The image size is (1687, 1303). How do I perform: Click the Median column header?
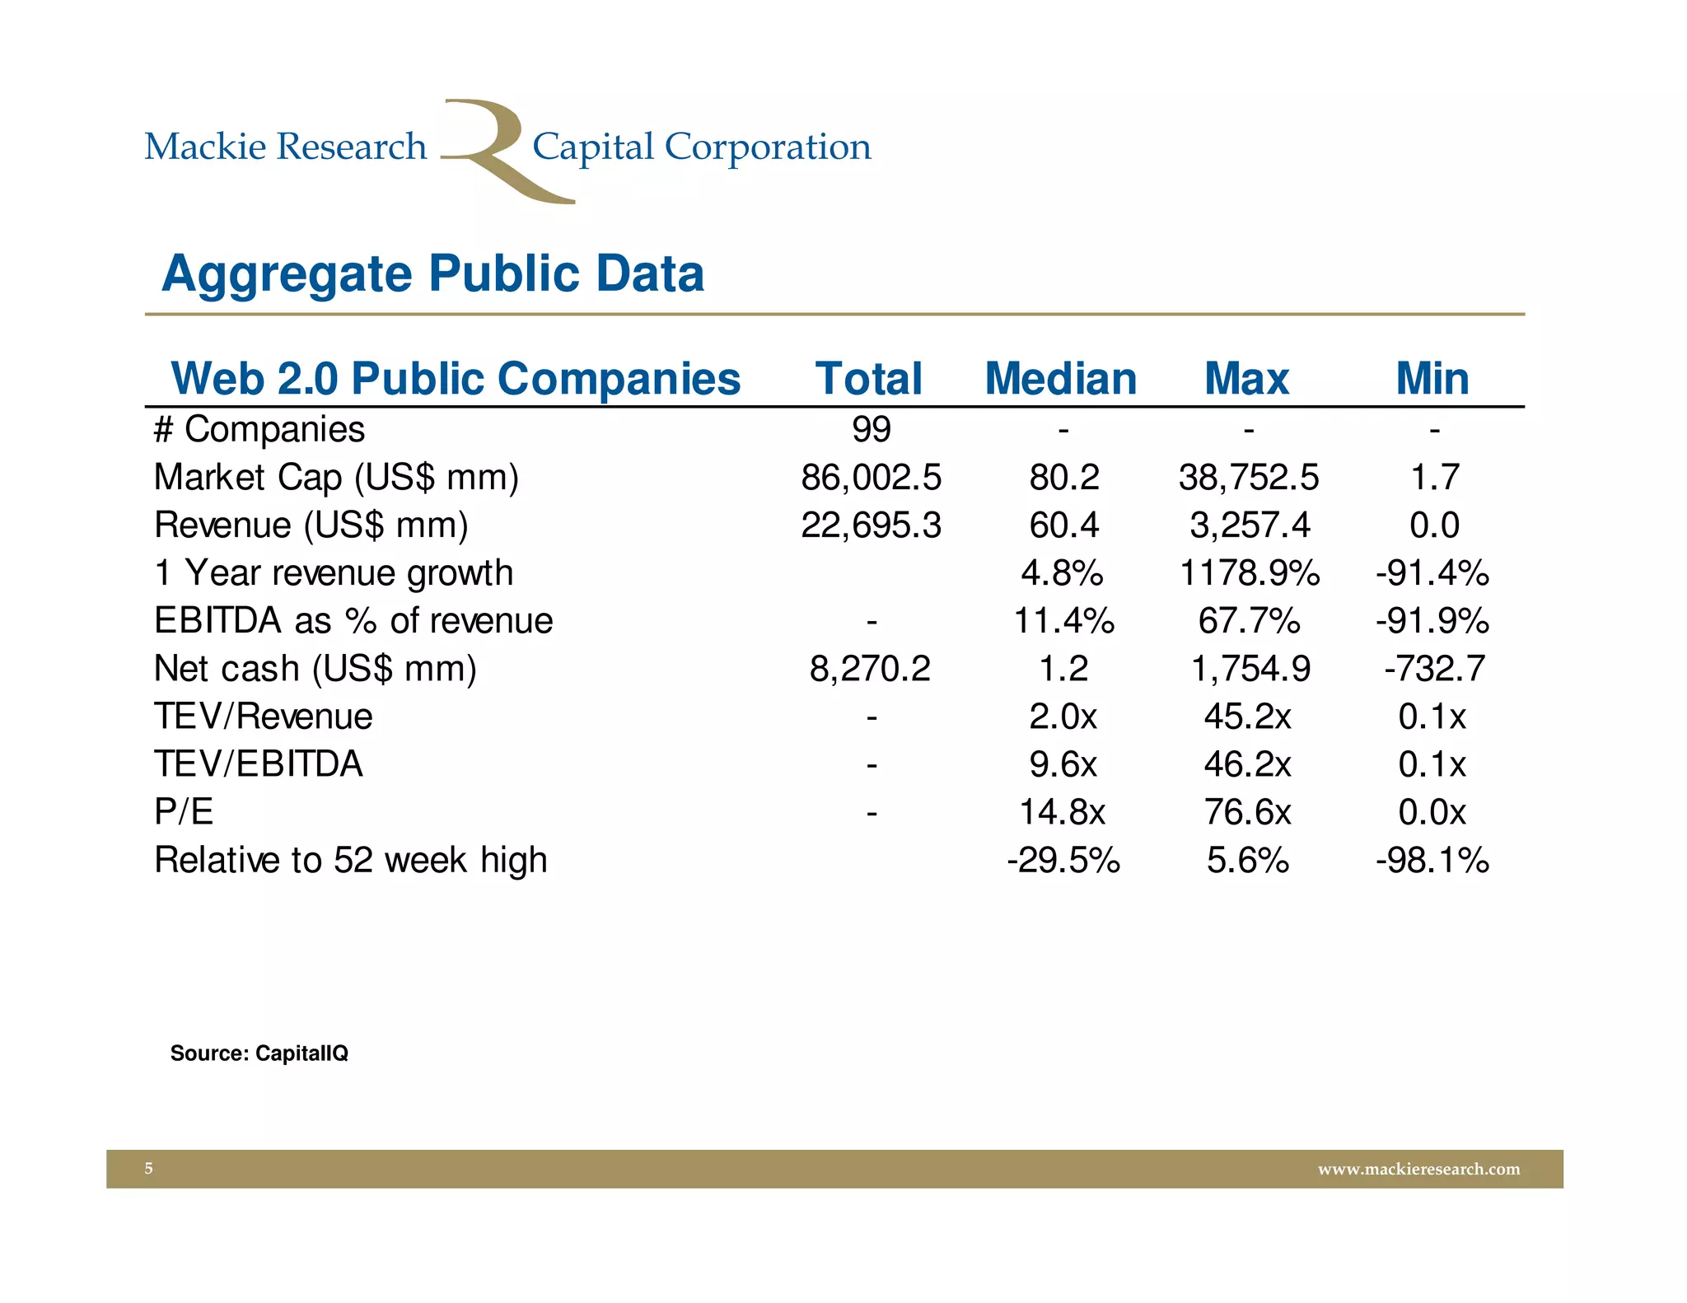click(1061, 379)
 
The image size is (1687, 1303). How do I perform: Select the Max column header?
click(1246, 379)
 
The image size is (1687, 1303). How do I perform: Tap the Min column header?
click(1432, 379)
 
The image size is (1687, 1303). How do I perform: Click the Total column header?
click(869, 379)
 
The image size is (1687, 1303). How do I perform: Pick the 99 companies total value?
click(871, 429)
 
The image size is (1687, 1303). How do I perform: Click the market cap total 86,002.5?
click(871, 477)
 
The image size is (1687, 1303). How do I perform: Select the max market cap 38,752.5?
click(1248, 477)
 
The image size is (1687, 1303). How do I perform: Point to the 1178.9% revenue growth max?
click(1249, 572)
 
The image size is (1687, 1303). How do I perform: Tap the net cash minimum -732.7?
click(1434, 668)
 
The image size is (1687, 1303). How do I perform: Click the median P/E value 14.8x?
click(1062, 812)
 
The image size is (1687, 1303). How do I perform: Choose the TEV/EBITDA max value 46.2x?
click(1247, 764)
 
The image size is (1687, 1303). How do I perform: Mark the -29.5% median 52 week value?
click(1063, 860)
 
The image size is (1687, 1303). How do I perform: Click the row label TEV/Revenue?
click(263, 716)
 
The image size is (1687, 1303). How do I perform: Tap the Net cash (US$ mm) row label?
click(315, 668)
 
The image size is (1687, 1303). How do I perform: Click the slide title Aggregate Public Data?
click(432, 273)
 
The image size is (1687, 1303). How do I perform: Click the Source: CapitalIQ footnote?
click(259, 1053)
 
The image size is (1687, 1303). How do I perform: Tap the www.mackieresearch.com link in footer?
click(1418, 1169)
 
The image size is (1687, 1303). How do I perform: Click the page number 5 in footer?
click(148, 1168)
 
